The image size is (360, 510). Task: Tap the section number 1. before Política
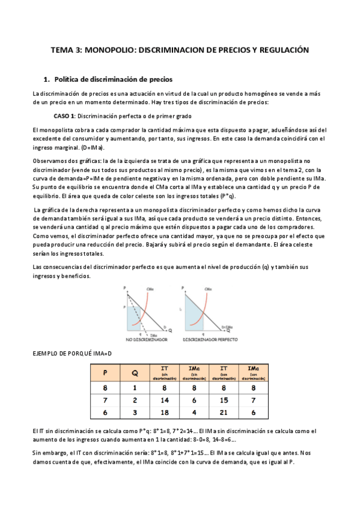[x=47, y=79]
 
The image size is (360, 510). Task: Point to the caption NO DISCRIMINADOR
[x=144, y=340]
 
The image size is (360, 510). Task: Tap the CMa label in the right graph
[x=208, y=290]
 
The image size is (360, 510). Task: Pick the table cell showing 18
[x=164, y=413]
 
